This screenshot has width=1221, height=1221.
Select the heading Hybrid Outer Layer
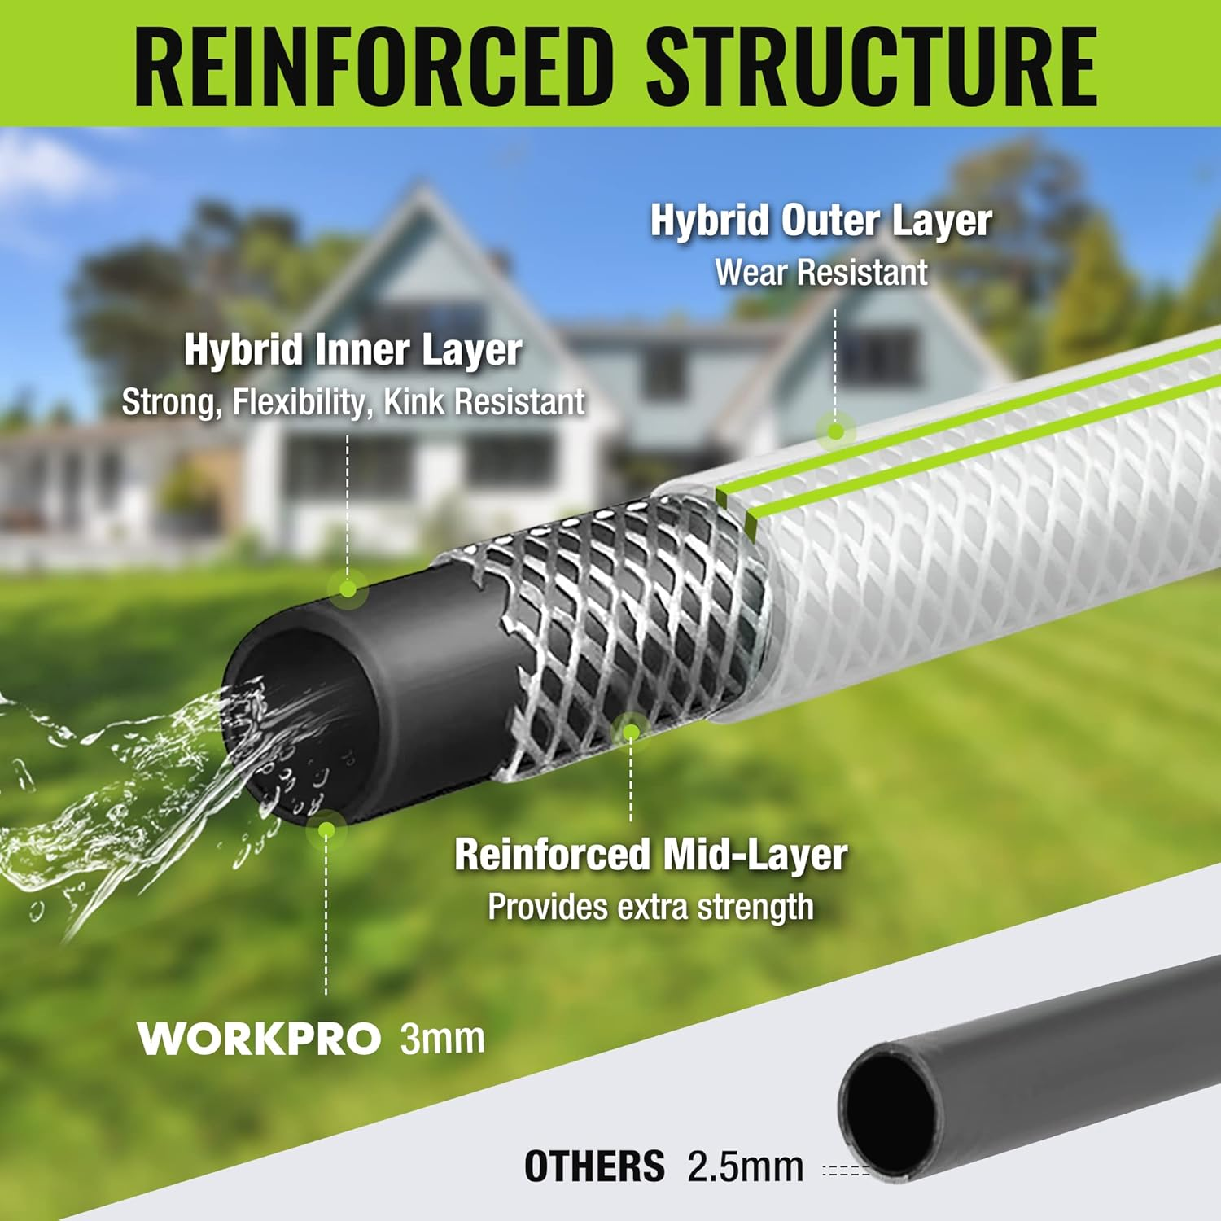tap(821, 221)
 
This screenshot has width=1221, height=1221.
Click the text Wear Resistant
tap(821, 273)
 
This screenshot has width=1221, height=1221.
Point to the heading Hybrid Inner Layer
tap(352, 350)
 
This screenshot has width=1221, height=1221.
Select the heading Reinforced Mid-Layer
tap(650, 855)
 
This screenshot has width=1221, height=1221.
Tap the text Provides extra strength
tap(650, 907)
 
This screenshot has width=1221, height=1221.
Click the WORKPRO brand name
tap(259, 1039)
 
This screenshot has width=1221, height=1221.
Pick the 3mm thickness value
tap(442, 1039)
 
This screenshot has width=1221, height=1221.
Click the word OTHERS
tap(594, 1166)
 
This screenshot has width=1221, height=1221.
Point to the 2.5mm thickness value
tap(745, 1166)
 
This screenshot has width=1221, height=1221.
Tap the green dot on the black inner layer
tap(348, 588)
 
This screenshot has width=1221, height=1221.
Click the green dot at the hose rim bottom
tap(326, 829)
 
